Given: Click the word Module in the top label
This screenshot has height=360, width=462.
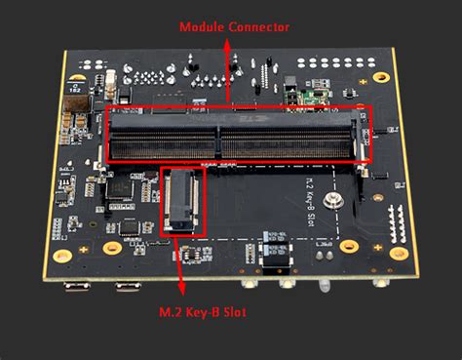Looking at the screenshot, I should pyautogui.click(x=196, y=27).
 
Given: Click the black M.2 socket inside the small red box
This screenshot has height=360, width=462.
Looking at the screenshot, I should pyautogui.click(x=182, y=201).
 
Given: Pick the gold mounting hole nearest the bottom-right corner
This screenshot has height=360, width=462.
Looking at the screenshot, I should pyautogui.click(x=398, y=253).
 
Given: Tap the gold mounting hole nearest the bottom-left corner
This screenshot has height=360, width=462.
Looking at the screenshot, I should pyautogui.click(x=62, y=256).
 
